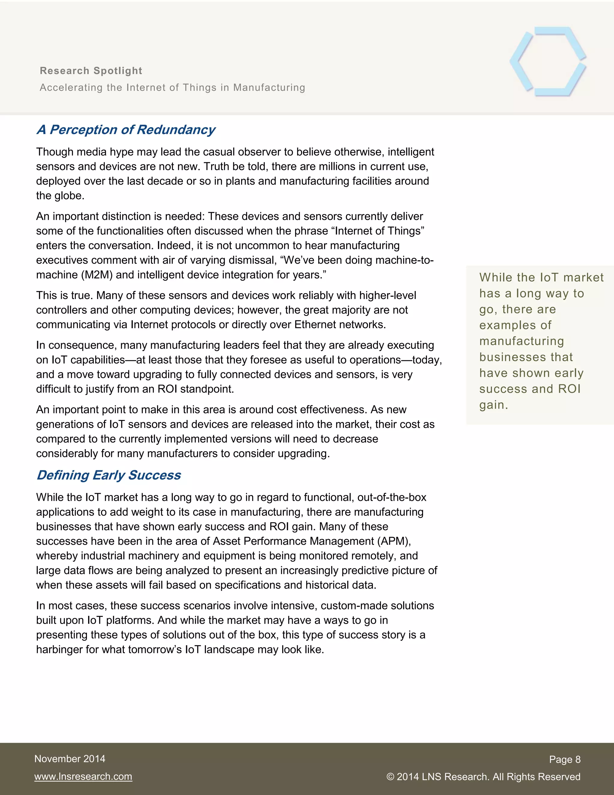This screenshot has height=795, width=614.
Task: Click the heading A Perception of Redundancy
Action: (x=126, y=130)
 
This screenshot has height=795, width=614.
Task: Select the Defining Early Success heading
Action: (x=109, y=475)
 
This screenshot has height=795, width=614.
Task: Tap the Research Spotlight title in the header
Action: (x=91, y=70)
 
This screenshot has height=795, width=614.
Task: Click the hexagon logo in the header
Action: (x=547, y=61)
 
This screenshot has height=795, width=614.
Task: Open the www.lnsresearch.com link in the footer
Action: (x=83, y=776)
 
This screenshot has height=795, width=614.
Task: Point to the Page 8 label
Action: (x=565, y=759)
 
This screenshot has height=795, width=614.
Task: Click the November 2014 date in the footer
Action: (x=70, y=759)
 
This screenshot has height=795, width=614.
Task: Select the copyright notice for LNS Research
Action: (x=483, y=776)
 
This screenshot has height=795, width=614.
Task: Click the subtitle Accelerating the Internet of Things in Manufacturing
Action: (x=172, y=87)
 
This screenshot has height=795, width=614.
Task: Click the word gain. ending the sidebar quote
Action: (x=493, y=405)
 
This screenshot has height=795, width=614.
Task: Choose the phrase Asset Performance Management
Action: (x=293, y=541)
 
